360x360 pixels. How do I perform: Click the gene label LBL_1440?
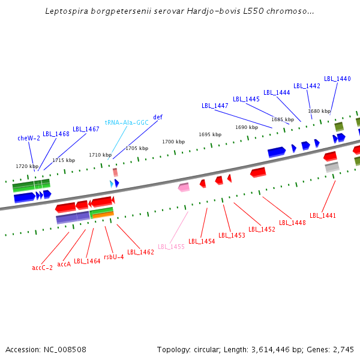[337, 79]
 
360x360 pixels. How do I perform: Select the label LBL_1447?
[215, 106]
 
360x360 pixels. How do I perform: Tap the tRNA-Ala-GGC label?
[127, 122]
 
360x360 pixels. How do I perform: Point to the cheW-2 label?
[29, 138]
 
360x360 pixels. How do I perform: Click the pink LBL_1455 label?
[171, 247]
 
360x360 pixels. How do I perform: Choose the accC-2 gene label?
[42, 268]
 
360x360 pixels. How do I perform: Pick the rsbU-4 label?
[114, 257]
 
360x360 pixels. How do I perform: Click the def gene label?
[158, 117]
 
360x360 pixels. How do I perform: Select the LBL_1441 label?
[323, 215]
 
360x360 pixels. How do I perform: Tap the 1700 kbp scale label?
[173, 142]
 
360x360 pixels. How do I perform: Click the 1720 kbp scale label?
[27, 166]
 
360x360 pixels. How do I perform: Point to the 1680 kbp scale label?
[319, 111]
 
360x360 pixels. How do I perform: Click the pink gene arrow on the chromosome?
[184, 187]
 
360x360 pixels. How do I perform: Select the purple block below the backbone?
[73, 218]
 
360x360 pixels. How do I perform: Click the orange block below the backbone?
[102, 215]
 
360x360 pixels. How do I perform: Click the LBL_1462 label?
[140, 252]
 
